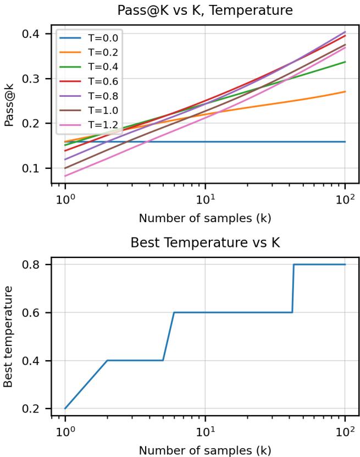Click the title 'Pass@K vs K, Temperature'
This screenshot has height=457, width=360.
204,9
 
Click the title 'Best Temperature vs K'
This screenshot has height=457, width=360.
204,244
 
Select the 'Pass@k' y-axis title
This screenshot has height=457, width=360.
9,104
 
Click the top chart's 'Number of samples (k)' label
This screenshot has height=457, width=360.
204,217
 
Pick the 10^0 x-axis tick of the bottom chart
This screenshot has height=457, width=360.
65,431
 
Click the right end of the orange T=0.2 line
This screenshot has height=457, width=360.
345,92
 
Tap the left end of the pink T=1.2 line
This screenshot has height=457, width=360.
65,176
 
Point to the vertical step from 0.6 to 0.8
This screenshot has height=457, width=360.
293,289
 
